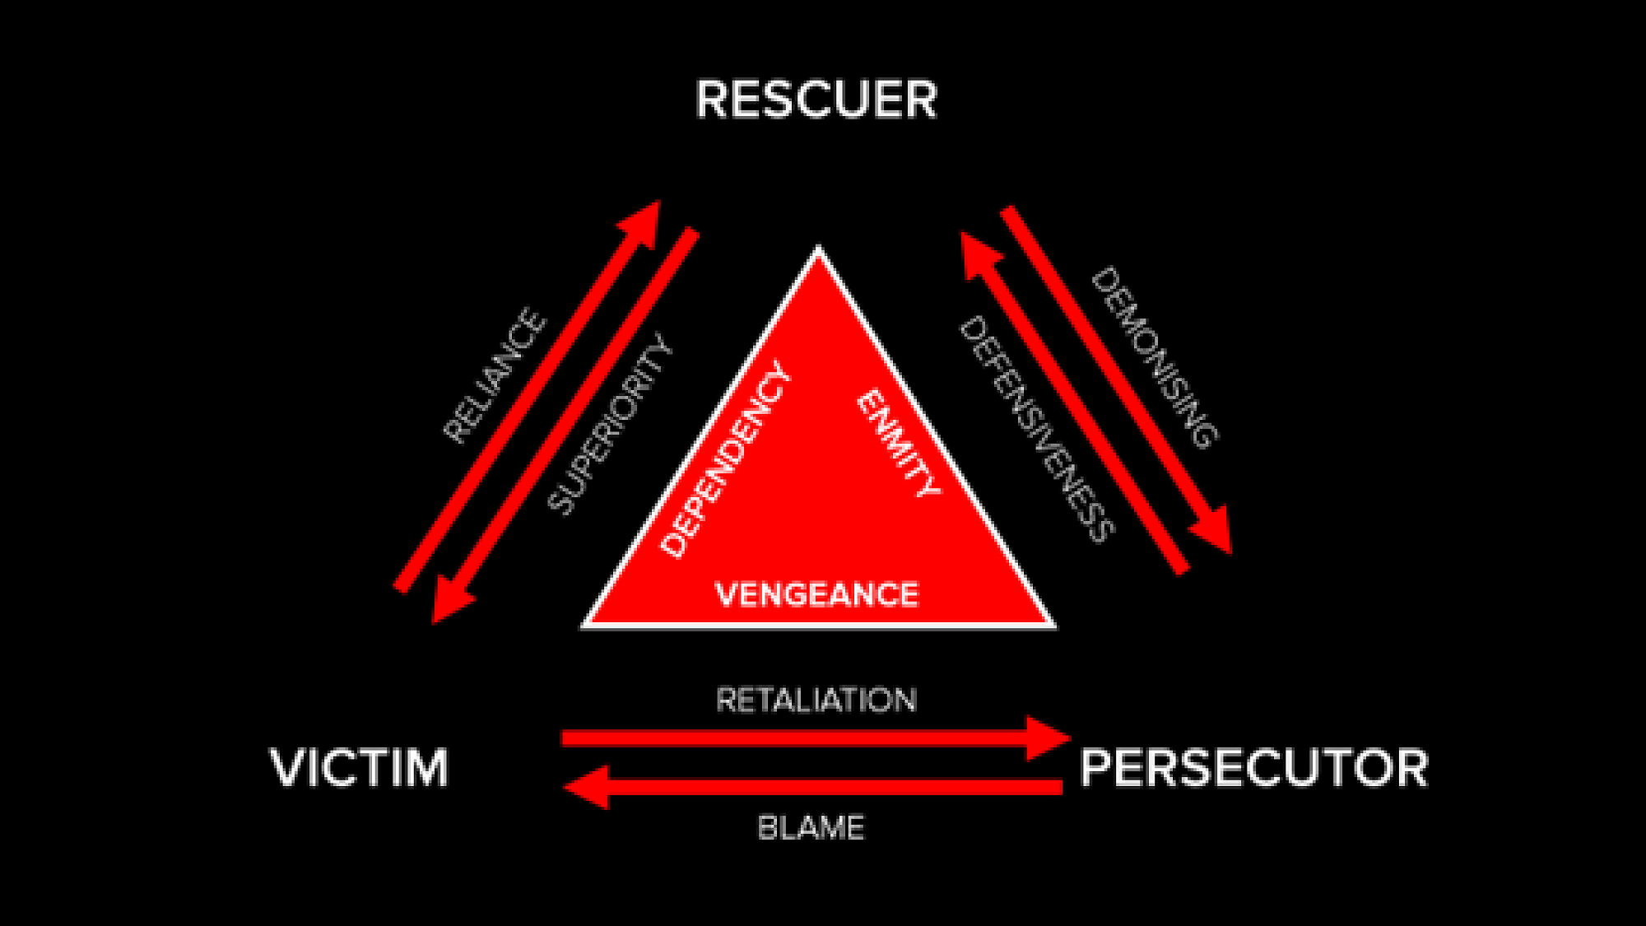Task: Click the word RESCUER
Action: pyautogui.click(x=816, y=100)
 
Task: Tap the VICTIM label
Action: pyautogui.click(x=359, y=767)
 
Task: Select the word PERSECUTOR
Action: pyautogui.click(x=1253, y=767)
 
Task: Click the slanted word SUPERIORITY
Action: pyautogui.click(x=610, y=424)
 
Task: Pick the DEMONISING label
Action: pyautogui.click(x=1154, y=357)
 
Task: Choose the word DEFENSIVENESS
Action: pyautogui.click(x=1037, y=429)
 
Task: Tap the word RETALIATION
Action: pyautogui.click(x=816, y=700)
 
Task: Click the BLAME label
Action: pyautogui.click(x=811, y=827)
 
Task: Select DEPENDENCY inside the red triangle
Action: pyautogui.click(x=726, y=459)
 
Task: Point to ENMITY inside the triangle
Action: pyautogui.click(x=898, y=443)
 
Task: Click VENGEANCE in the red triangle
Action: pyautogui.click(x=816, y=594)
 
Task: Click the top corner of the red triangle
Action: pyautogui.click(x=818, y=249)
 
